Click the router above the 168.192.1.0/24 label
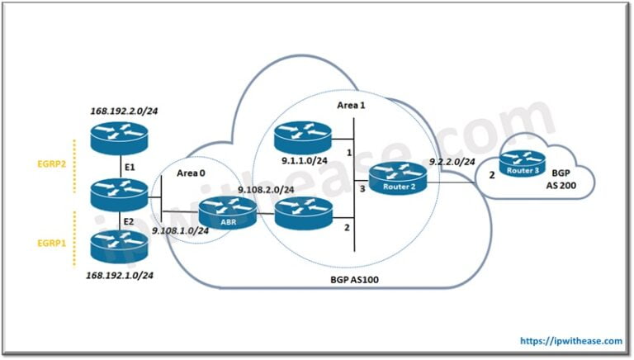coord(121,245)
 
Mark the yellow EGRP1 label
coord(50,245)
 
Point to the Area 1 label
coord(352,106)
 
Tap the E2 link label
coord(130,221)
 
